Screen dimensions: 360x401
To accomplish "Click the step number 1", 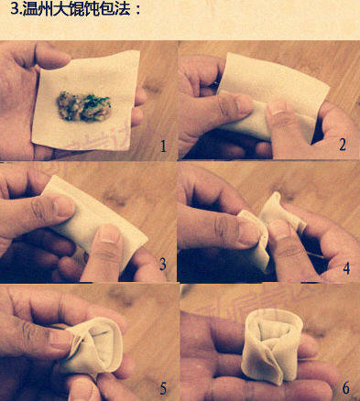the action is click(x=164, y=146).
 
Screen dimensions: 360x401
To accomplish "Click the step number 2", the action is click(x=343, y=145).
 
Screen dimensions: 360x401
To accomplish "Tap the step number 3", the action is click(x=163, y=265).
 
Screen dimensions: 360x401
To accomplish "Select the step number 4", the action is click(x=346, y=268).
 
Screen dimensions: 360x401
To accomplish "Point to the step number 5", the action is click(x=163, y=388).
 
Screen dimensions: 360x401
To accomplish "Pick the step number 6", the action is click(x=346, y=388).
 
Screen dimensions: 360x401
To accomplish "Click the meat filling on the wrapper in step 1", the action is click(x=83, y=106).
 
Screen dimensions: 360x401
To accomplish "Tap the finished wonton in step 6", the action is click(x=272, y=344).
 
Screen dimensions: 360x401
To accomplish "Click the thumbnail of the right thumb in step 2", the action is click(x=278, y=107).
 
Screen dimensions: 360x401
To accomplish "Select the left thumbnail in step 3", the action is click(x=63, y=206).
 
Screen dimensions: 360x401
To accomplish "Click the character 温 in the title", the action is click(x=30, y=9).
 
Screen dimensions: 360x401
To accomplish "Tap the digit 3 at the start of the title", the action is click(x=15, y=9).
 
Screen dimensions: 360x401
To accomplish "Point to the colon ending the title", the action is click(x=137, y=10).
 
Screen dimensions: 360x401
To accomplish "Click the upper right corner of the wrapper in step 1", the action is click(x=139, y=50).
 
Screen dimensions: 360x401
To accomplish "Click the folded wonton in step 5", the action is click(x=93, y=346).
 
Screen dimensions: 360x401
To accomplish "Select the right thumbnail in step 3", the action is click(x=110, y=234).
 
